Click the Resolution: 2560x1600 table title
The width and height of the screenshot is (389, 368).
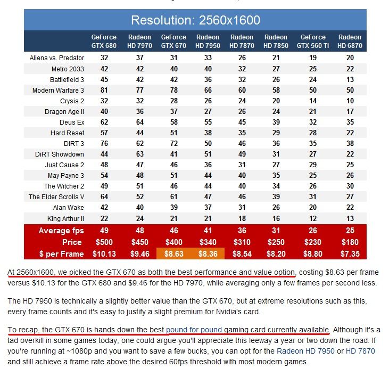195,20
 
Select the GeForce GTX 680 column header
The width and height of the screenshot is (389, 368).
104,41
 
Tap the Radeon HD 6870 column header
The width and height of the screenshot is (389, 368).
350,41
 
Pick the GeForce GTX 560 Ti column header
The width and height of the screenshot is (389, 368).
313,41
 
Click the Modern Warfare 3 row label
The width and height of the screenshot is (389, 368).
58,90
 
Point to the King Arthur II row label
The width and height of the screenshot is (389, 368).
65,218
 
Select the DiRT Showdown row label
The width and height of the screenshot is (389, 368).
59,154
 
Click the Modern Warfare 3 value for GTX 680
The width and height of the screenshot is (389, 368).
104,90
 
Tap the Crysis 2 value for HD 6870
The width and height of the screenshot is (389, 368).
350,101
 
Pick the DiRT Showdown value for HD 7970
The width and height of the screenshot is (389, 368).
140,154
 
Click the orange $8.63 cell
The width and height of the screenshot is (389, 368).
173,253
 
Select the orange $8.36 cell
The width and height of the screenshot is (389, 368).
208,253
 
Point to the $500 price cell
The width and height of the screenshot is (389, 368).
104,242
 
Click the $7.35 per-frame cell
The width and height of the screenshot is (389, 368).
350,254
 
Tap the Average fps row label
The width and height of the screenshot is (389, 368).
61,231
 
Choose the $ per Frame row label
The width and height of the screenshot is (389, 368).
61,254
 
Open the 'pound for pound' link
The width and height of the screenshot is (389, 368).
194,330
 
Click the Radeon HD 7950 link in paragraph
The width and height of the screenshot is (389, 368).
305,351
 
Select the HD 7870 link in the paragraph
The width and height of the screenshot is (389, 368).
360,351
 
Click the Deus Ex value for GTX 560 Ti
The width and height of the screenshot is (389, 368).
313,122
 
